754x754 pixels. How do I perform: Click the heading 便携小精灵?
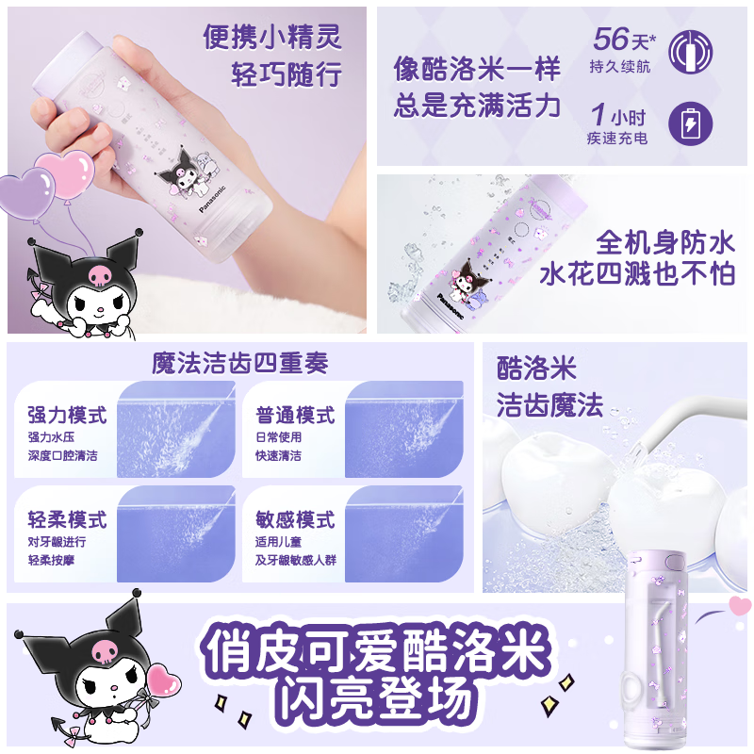click(272, 38)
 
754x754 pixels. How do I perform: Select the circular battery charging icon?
click(690, 123)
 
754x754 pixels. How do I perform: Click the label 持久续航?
click(621, 66)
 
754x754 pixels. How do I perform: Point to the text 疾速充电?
click(617, 139)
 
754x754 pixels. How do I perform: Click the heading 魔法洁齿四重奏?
click(240, 363)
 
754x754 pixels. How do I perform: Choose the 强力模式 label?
click(67, 415)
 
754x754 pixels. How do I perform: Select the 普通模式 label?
click(295, 415)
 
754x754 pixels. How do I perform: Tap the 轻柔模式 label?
click(67, 519)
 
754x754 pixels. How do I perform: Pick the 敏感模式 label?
click(295, 519)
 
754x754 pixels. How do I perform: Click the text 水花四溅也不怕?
click(637, 273)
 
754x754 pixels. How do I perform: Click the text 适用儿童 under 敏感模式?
click(282, 542)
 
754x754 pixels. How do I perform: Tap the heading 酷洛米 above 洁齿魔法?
click(536, 369)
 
